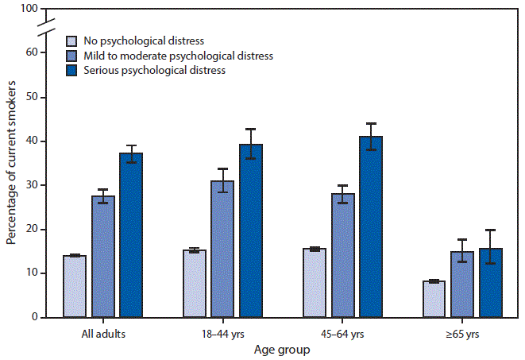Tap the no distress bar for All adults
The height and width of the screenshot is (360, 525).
[x=75, y=286]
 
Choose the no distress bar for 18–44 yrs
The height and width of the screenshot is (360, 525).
[x=195, y=284]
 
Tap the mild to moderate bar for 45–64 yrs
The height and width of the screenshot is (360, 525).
[x=342, y=255]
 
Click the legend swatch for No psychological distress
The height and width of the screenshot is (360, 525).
[x=72, y=41]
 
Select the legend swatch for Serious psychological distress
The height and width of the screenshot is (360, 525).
[x=72, y=71]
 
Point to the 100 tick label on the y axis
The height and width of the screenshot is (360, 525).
[x=29, y=9]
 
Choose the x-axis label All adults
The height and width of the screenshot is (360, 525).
[x=103, y=333]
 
